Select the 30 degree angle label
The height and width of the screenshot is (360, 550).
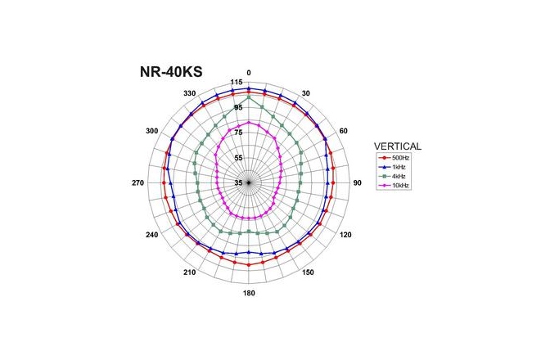(306, 94)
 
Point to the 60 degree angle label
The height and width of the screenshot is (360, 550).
(343, 131)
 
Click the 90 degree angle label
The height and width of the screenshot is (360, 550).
(357, 182)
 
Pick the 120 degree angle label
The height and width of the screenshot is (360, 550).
(345, 235)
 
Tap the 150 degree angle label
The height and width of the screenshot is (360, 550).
(308, 272)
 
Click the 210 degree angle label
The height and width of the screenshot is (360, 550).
(190, 272)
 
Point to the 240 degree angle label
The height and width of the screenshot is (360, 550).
(152, 235)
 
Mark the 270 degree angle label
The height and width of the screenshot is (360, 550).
(138, 182)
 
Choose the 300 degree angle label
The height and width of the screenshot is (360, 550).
(152, 131)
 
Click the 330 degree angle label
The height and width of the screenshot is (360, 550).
(190, 94)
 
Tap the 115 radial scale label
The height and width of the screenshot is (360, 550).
(237, 83)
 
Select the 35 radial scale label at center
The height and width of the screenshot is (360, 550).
(238, 183)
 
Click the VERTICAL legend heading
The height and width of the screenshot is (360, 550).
(397, 146)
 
